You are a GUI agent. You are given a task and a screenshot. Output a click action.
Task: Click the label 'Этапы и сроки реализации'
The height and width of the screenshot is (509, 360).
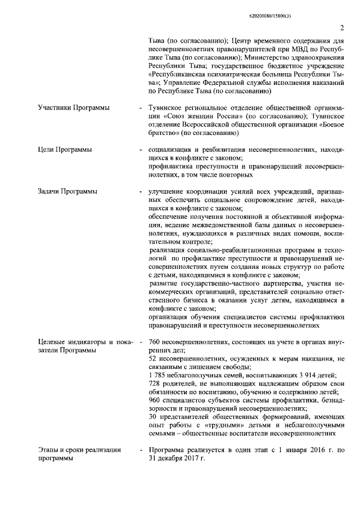pyautogui.click(x=79, y=449)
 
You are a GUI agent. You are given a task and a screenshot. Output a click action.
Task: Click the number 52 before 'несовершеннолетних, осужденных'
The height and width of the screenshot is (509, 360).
pyautogui.click(x=152, y=359)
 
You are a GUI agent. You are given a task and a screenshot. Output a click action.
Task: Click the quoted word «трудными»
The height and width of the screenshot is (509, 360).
pyautogui.click(x=227, y=425)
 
